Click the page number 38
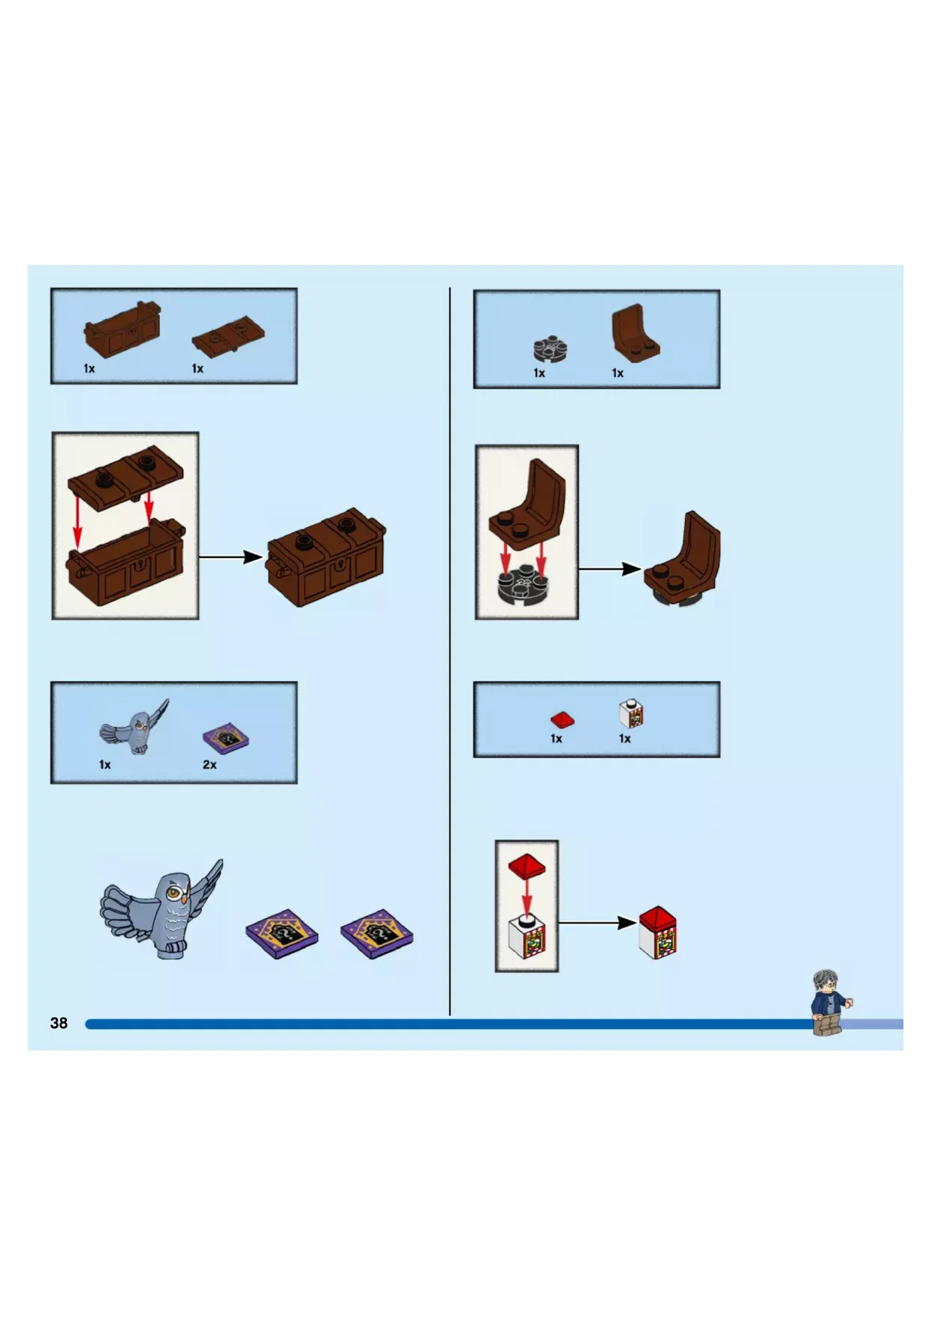tap(59, 1023)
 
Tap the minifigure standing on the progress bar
tap(829, 1002)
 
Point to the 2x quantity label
tap(210, 764)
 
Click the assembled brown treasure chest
tap(327, 557)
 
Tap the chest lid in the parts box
tap(229, 336)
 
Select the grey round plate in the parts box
tap(550, 348)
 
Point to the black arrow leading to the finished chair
tap(611, 569)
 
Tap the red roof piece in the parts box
tap(562, 719)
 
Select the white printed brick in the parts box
tap(632, 713)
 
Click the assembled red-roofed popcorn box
tap(658, 933)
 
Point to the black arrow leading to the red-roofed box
tap(598, 923)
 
